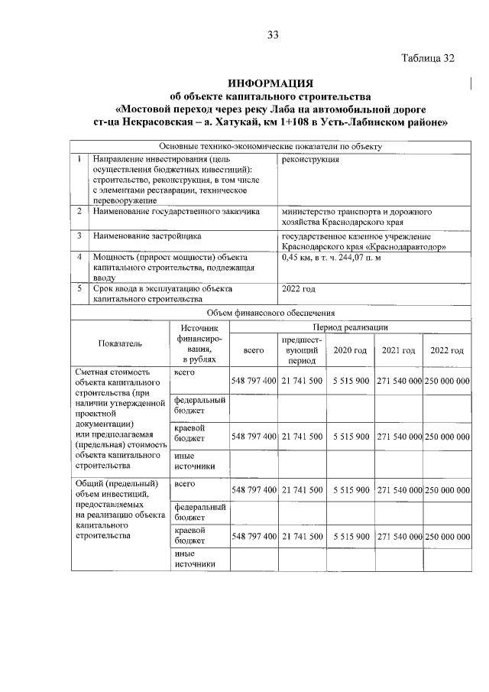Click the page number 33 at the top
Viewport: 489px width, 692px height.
tap(273, 34)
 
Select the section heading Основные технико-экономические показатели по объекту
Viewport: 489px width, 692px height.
tap(270, 146)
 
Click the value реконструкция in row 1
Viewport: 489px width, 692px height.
tap(310, 159)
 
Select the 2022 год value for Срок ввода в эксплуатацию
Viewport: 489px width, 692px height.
tap(299, 289)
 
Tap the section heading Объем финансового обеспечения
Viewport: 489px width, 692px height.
tap(270, 313)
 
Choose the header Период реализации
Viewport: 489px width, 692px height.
tap(349, 327)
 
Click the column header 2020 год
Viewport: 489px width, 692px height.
tap(350, 350)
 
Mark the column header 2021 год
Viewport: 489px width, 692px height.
tap(398, 350)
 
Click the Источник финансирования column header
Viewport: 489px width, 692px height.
tap(199, 343)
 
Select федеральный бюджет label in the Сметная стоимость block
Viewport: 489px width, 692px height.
tap(199, 405)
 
